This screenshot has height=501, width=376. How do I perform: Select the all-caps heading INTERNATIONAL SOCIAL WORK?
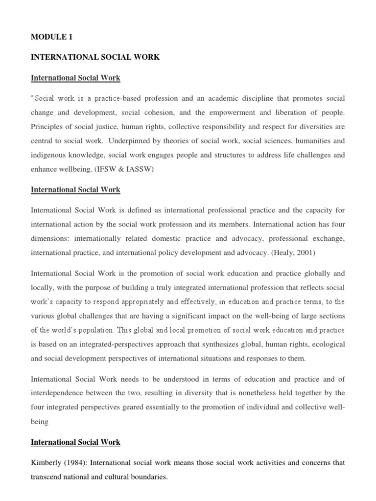pyautogui.click(x=95, y=57)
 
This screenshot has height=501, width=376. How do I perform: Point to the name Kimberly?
pyautogui.click(x=47, y=463)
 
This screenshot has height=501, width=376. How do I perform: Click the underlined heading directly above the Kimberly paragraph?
pyautogui.click(x=75, y=442)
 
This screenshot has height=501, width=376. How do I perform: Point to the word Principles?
pyautogui.click(x=47, y=127)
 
